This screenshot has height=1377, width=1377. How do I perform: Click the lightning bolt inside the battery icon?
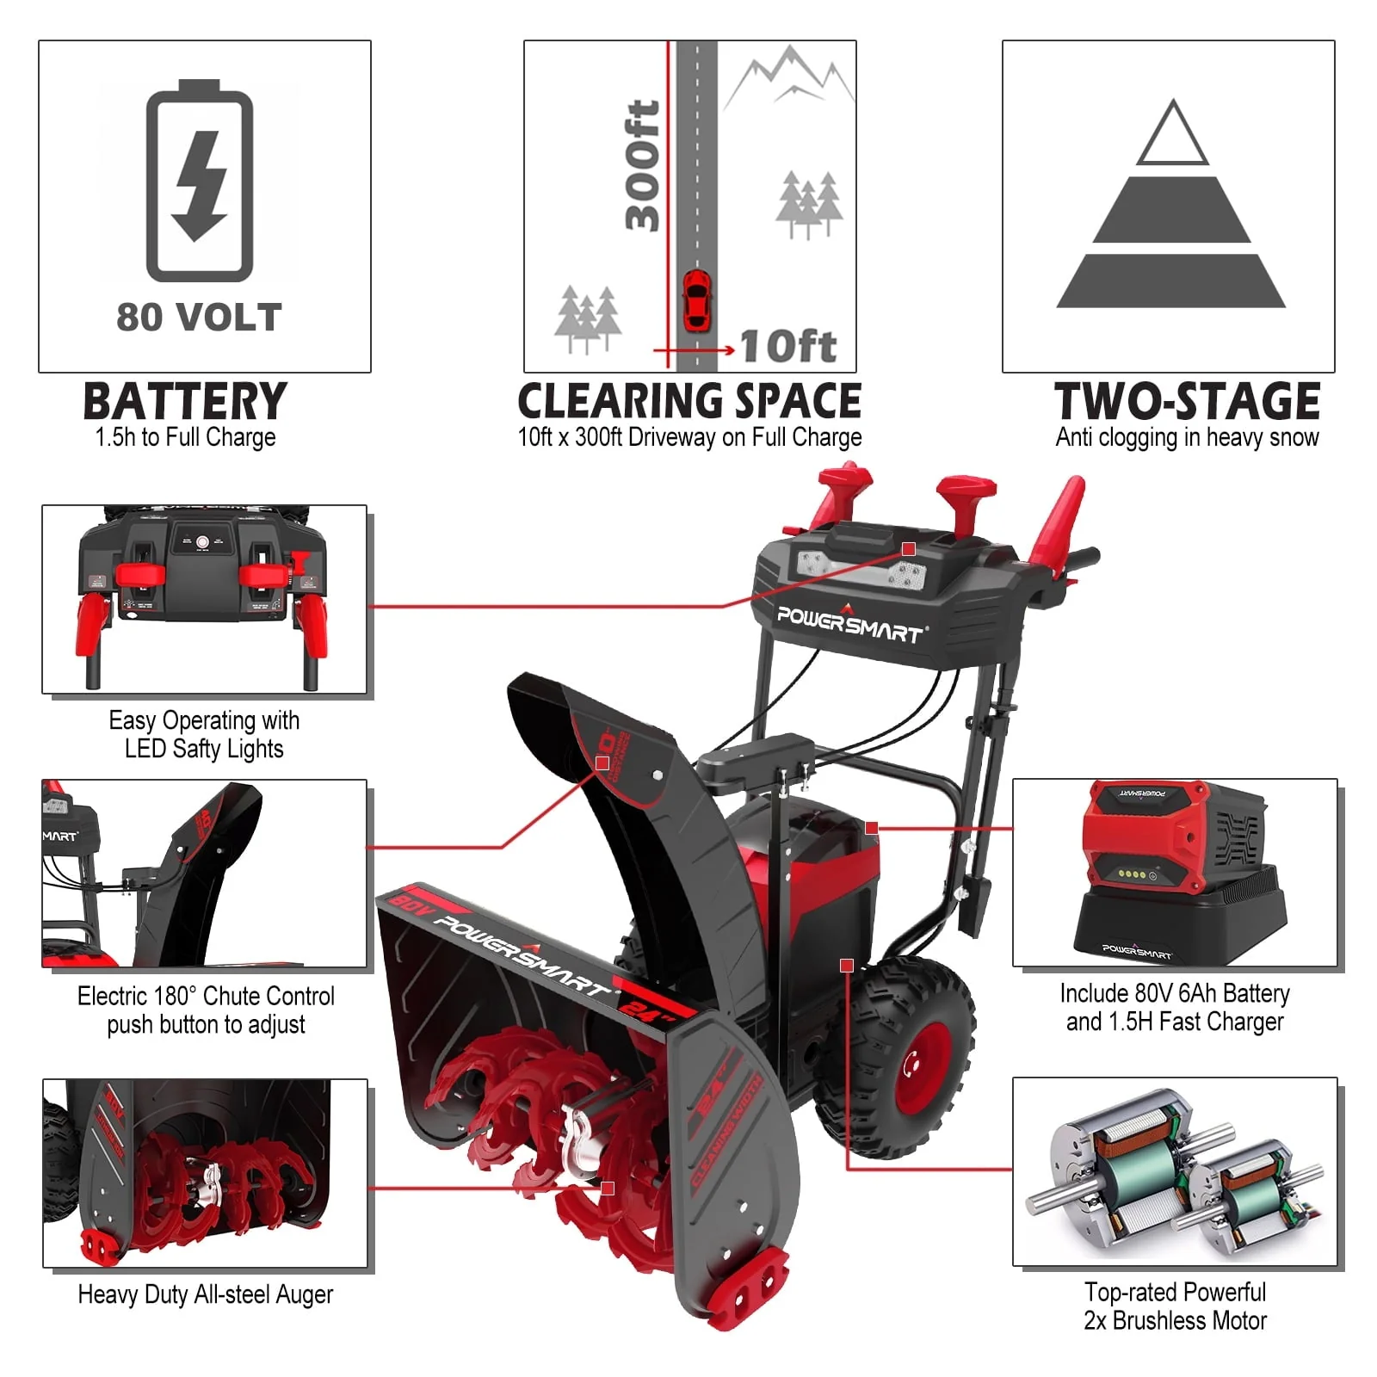200,185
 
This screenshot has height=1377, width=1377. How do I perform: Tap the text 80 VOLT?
200,317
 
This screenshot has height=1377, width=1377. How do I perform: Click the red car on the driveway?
696,299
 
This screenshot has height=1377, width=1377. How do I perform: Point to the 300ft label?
643,166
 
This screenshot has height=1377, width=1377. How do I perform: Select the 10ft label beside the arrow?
787,346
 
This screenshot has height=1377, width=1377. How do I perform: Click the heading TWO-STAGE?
1187,401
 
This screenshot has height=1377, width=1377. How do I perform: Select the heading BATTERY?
185,401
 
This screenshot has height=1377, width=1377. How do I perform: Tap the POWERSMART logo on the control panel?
849,623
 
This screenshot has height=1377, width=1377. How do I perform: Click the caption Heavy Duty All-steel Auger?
205,1294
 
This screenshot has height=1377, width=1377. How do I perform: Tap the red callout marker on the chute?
602,763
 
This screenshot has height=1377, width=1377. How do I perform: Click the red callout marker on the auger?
608,1189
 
